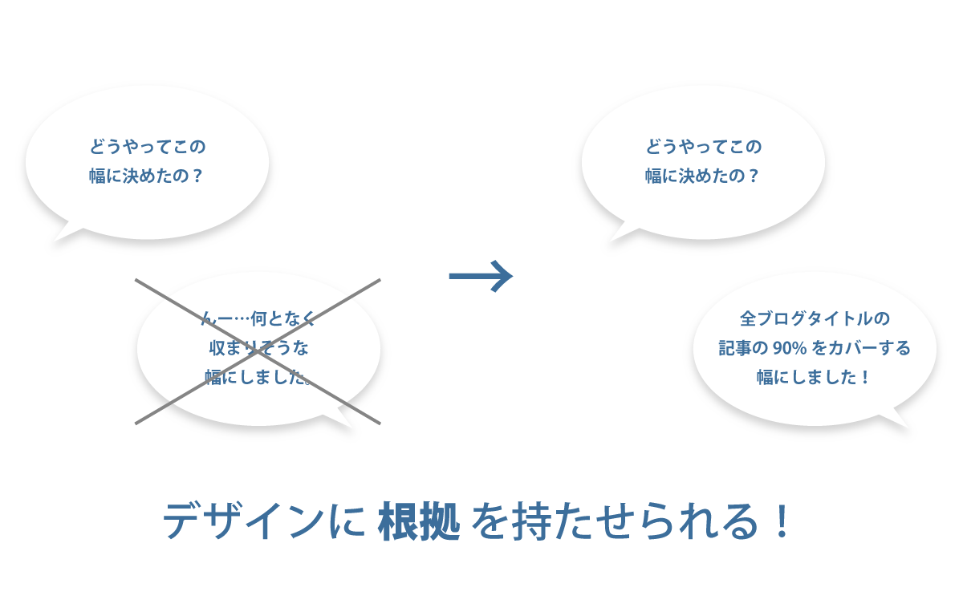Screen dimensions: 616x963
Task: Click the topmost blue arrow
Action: coord(480,276)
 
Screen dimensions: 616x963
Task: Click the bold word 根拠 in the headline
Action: coord(419,521)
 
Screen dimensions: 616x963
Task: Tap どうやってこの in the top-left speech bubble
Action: coord(147,147)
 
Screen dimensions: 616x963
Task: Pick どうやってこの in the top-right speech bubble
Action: coord(703,147)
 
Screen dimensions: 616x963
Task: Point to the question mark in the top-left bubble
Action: coord(197,176)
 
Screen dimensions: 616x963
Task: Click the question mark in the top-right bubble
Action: coord(753,176)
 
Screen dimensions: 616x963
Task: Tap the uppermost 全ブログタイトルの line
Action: coord(815,318)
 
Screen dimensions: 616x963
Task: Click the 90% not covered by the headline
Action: coord(790,347)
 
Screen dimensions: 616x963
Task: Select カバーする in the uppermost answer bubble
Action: coord(870,347)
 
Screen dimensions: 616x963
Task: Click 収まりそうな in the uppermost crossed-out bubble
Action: coord(258,347)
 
